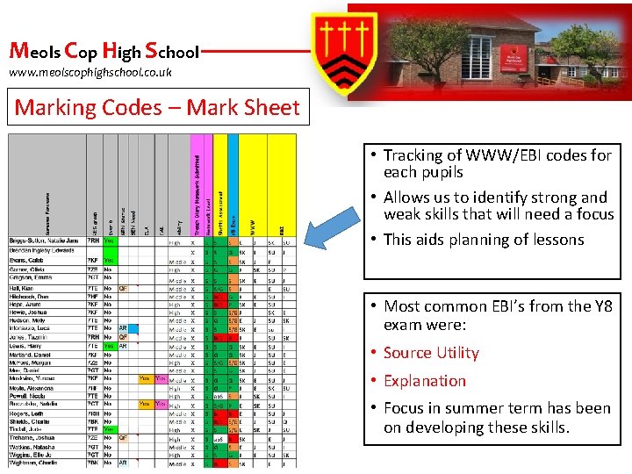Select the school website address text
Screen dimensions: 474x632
90,72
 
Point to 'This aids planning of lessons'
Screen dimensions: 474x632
484,240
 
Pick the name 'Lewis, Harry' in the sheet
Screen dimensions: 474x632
25,346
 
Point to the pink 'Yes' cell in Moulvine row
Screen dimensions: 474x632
161,378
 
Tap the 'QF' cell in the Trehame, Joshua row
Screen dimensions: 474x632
124,437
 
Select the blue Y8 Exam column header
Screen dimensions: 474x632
233,184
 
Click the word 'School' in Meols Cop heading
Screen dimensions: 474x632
173,52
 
